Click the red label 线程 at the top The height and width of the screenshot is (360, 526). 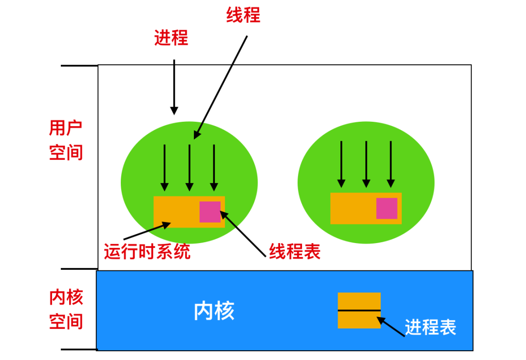(244, 15)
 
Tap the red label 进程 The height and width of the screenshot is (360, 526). (171, 38)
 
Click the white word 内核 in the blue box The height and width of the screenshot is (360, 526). (214, 311)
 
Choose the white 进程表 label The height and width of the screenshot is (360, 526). (430, 327)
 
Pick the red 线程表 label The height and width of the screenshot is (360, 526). (295, 252)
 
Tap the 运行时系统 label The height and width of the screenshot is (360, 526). (147, 252)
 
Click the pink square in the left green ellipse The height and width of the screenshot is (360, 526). (210, 212)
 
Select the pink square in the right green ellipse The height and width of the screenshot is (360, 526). (387, 208)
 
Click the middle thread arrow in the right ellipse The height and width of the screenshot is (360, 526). (366, 164)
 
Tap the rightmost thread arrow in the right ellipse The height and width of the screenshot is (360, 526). (391, 164)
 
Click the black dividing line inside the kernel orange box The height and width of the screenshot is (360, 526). (359, 310)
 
